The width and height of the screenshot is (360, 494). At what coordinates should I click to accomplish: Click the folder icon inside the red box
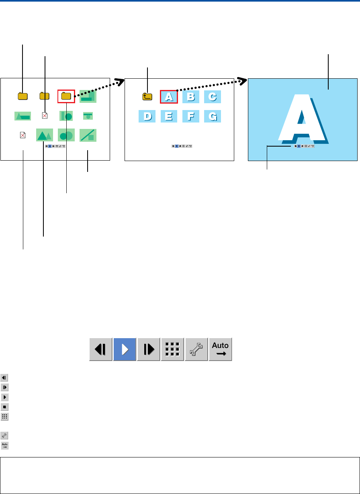pyautogui.click(x=66, y=96)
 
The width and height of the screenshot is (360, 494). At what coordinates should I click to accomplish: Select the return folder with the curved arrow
pyautogui.click(x=147, y=96)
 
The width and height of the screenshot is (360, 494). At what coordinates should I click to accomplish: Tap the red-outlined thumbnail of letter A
pyautogui.click(x=169, y=97)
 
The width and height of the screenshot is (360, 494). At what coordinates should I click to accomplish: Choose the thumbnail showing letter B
pyautogui.click(x=191, y=97)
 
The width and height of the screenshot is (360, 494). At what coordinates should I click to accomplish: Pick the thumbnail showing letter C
pyautogui.click(x=213, y=97)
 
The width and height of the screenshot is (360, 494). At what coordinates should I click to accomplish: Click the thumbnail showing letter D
pyautogui.click(x=147, y=116)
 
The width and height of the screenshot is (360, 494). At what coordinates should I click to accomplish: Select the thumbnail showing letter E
pyautogui.click(x=169, y=116)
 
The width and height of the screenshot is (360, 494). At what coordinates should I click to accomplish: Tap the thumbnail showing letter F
pyautogui.click(x=191, y=116)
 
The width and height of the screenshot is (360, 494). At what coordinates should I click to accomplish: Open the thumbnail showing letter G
pyautogui.click(x=213, y=116)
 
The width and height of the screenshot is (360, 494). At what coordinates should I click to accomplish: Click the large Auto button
pyautogui.click(x=220, y=349)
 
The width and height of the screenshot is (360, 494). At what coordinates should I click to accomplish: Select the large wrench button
pyautogui.click(x=196, y=349)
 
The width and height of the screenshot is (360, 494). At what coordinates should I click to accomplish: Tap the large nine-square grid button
pyautogui.click(x=172, y=349)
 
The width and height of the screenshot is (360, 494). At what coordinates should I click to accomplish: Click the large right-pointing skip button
pyautogui.click(x=149, y=349)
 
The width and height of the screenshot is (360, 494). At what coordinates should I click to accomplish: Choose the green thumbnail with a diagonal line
pyautogui.click(x=88, y=135)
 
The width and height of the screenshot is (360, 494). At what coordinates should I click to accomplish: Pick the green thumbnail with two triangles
pyautogui.click(x=44, y=135)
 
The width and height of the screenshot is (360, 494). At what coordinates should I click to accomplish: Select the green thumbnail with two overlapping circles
pyautogui.click(x=66, y=135)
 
